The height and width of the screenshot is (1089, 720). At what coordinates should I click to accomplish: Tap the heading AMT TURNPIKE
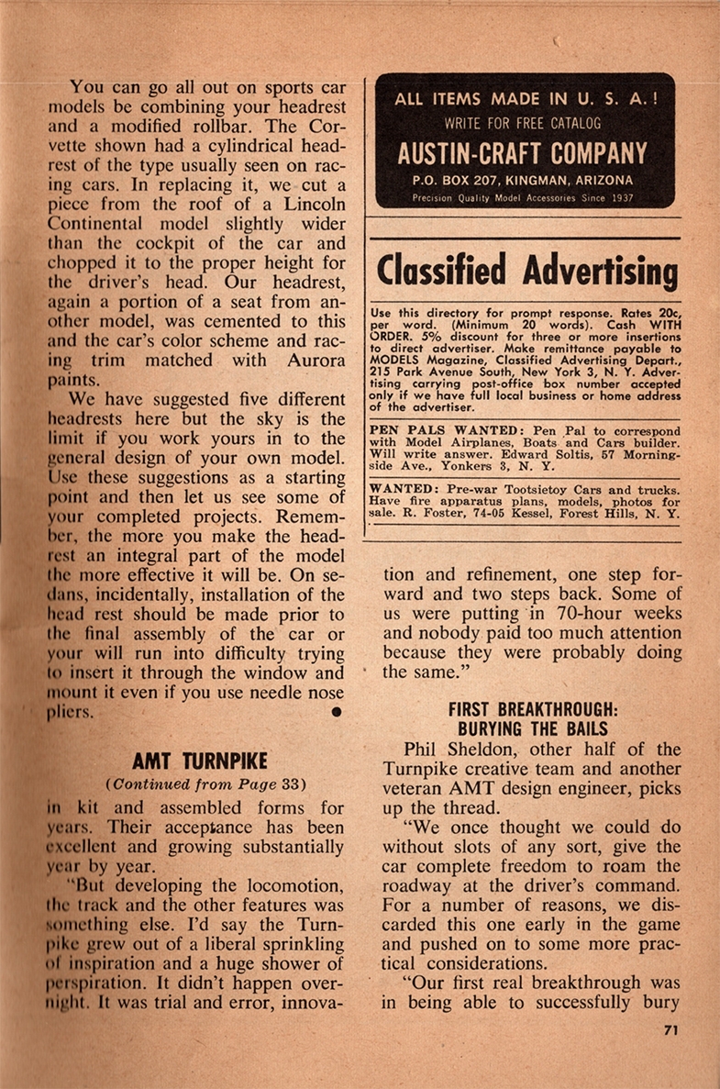[199, 761]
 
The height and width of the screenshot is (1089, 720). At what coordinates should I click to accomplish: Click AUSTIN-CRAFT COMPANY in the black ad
[524, 152]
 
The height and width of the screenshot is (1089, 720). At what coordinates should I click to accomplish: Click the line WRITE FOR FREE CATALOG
[524, 121]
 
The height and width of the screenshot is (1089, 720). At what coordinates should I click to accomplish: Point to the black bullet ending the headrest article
[337, 711]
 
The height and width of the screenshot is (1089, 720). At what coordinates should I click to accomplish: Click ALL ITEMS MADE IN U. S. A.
[524, 99]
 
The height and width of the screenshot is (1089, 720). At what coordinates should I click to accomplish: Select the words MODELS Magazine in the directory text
[415, 374]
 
